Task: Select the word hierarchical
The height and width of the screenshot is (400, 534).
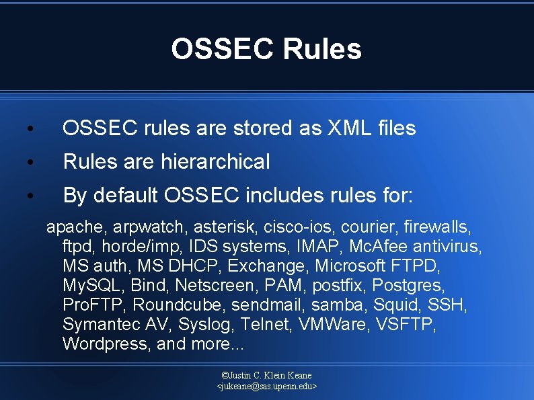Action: coord(215,161)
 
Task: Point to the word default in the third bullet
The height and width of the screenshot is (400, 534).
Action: coord(128,195)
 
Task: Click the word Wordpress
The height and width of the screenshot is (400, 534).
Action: coord(105,344)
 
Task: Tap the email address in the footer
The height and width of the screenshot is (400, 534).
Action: coord(267,387)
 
